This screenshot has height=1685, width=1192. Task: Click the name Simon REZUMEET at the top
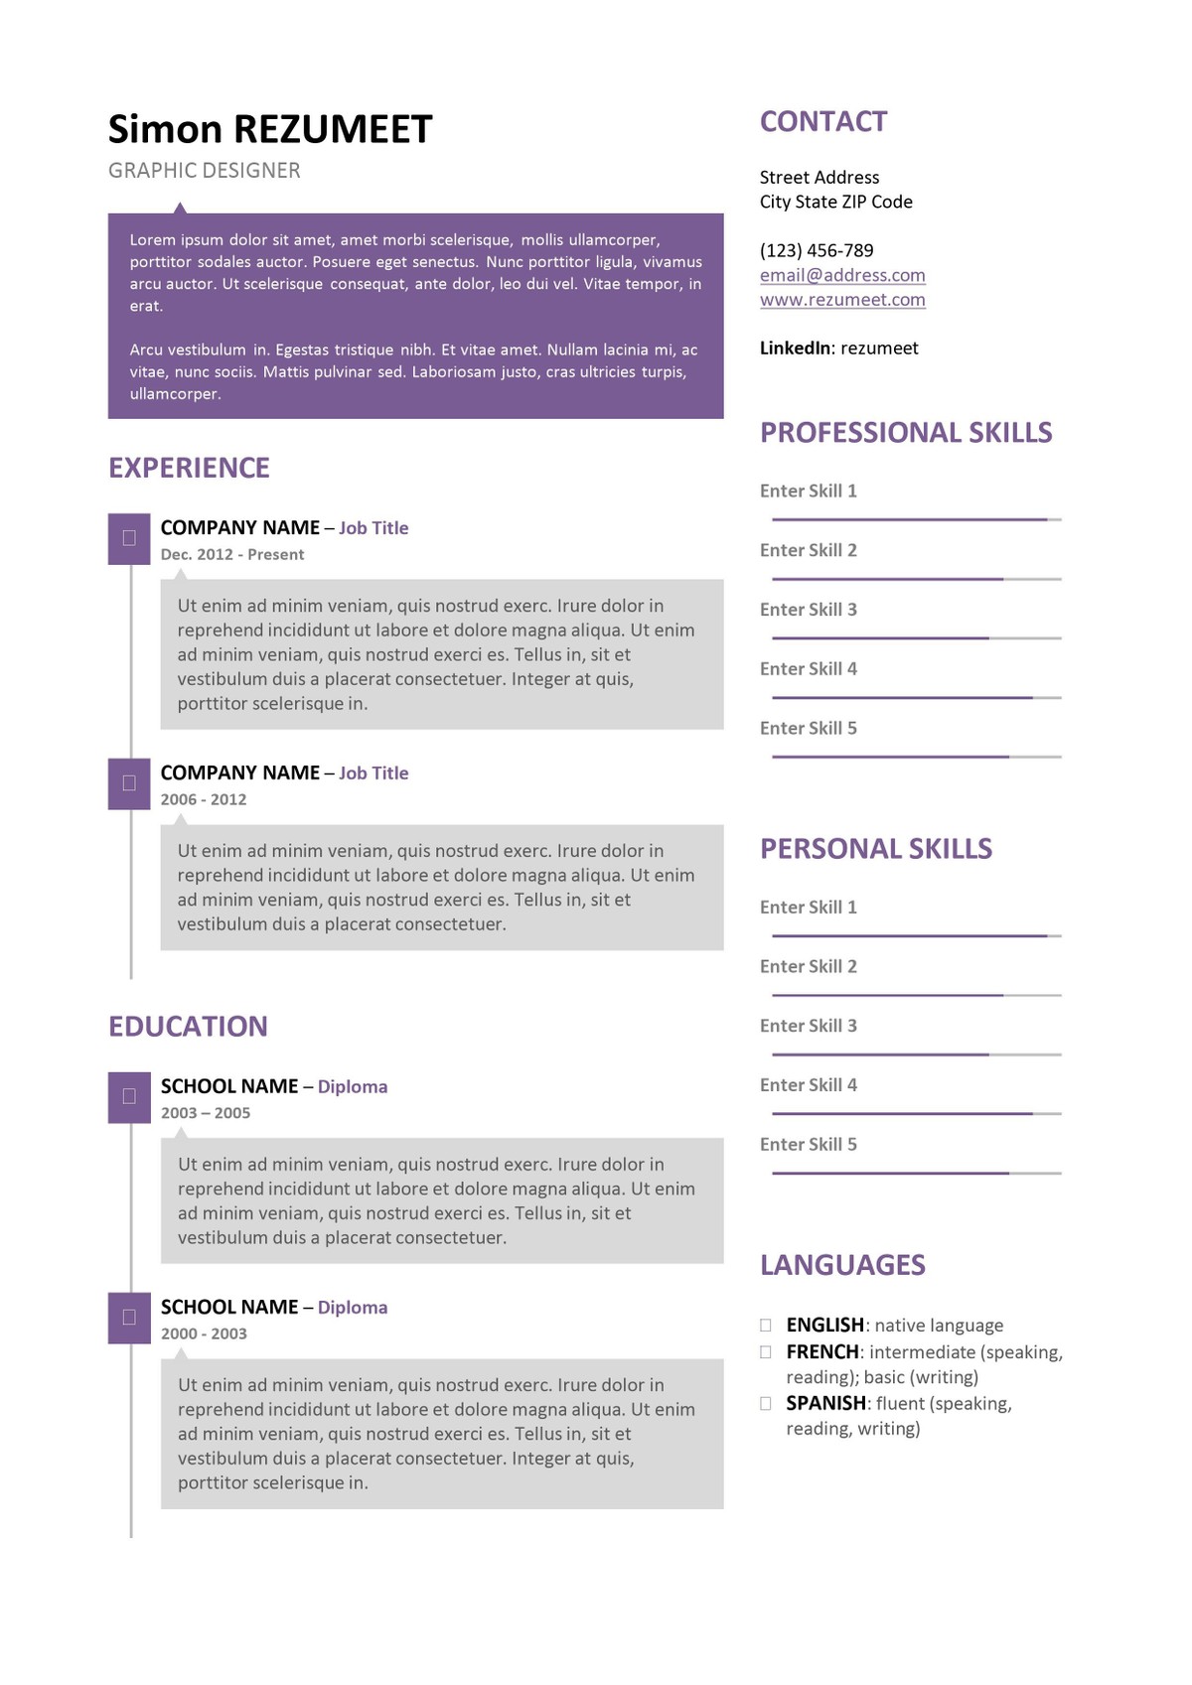270,130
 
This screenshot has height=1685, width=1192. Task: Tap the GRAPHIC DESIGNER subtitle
204,171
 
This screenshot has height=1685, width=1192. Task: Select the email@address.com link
842,275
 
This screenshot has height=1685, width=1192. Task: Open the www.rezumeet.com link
842,300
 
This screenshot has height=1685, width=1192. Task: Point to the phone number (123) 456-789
817,250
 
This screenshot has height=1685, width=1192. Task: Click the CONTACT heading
823,122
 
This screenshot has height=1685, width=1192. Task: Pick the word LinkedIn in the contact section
795,349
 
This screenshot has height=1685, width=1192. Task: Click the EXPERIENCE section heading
189,468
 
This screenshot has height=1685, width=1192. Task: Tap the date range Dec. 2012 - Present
232,555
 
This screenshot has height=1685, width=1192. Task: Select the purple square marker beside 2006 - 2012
129,783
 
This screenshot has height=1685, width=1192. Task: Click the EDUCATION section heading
188,1027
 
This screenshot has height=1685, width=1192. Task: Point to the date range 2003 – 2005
206,1113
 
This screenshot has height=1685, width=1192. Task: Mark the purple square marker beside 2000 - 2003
129,1318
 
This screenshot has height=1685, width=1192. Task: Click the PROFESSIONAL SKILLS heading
906,433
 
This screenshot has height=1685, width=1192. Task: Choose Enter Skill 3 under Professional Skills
809,610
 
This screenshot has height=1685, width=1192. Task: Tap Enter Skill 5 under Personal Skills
809,1145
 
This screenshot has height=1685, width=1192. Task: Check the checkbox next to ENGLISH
766,1325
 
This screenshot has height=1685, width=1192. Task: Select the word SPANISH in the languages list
825,1404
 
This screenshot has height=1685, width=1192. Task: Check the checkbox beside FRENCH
766,1351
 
